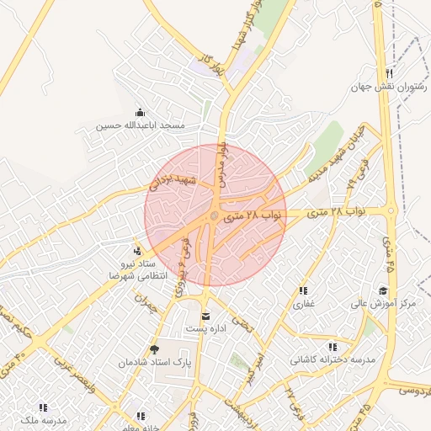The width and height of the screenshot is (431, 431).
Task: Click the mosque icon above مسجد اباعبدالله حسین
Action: [x=140, y=113]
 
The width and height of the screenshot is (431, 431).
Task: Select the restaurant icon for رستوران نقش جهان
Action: [x=388, y=74]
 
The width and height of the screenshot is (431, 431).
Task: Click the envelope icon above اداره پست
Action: [x=205, y=317]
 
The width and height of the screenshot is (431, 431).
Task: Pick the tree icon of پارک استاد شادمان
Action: [x=153, y=349]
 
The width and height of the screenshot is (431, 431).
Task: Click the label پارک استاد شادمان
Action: [x=154, y=362]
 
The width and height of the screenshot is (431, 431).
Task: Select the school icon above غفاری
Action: [x=302, y=291]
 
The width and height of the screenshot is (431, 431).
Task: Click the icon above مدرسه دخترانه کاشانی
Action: [x=333, y=347]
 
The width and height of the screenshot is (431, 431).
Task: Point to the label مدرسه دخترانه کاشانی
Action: [x=332, y=359]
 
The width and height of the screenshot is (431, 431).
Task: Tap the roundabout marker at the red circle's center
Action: [x=215, y=217]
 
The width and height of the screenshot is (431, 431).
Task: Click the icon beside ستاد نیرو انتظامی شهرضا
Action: [x=137, y=251]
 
